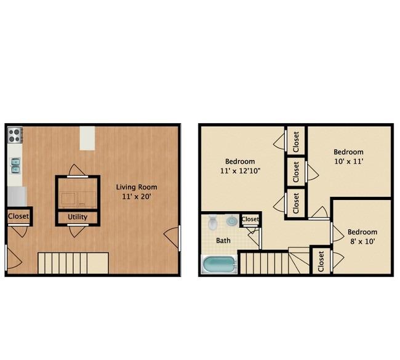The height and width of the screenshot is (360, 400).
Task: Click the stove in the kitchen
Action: pyautogui.click(x=15, y=135)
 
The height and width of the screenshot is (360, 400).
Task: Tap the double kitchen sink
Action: pyautogui.click(x=15, y=166)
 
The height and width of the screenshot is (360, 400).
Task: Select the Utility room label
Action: pyautogui.click(x=78, y=217)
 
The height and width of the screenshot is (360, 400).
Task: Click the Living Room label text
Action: pyautogui.click(x=137, y=187)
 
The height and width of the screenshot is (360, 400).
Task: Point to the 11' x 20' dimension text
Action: pyautogui.click(x=137, y=197)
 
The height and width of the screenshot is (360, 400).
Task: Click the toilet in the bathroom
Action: pyautogui.click(x=212, y=223)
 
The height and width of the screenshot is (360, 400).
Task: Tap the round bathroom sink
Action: pyautogui.click(x=232, y=221)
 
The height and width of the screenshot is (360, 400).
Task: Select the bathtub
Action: pyautogui.click(x=220, y=265)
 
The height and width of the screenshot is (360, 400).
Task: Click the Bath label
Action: pyautogui.click(x=223, y=241)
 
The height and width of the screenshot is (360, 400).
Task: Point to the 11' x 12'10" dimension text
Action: pyautogui.click(x=240, y=171)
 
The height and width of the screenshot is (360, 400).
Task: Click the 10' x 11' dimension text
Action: pyautogui.click(x=348, y=161)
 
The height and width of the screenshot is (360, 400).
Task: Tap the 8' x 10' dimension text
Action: pyautogui.click(x=362, y=241)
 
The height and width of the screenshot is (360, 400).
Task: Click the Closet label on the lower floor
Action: pyautogui.click(x=18, y=217)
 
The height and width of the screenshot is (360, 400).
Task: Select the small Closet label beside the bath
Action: pyautogui.click(x=250, y=219)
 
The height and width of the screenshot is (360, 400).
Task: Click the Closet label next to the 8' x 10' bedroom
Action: pyautogui.click(x=321, y=262)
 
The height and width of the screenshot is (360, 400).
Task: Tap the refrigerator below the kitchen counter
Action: pyautogui.click(x=17, y=196)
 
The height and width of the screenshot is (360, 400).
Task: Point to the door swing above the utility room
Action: pyautogui.click(x=78, y=170)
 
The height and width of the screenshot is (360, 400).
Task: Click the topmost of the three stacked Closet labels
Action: pyautogui.click(x=296, y=142)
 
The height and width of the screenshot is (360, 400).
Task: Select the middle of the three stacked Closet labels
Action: pyautogui.click(x=296, y=172)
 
